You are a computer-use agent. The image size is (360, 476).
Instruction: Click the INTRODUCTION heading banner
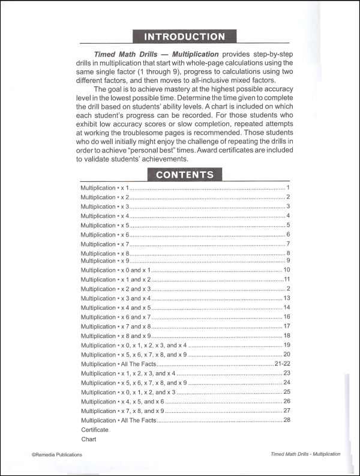[184, 36]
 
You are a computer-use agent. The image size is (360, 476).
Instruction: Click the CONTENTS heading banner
[184, 175]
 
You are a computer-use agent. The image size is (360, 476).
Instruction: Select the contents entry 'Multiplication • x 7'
[105, 244]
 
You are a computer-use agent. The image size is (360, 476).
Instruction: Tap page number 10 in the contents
[287, 270]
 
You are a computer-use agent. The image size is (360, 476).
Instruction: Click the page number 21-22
[281, 364]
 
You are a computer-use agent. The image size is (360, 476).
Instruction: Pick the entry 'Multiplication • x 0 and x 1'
[115, 270]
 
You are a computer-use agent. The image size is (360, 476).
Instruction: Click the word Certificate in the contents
[95, 430]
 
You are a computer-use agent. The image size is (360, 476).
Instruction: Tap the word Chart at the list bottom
[88, 439]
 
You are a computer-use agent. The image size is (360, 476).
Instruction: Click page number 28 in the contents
[287, 420]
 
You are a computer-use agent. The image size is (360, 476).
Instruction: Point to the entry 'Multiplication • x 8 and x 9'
[115, 336]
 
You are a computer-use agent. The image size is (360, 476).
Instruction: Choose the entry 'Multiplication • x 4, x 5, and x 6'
[122, 401]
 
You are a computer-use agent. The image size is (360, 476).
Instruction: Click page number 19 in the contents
[287, 345]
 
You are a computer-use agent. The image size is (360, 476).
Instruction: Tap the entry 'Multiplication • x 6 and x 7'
[115, 317]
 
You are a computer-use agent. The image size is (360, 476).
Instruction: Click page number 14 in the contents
[287, 308]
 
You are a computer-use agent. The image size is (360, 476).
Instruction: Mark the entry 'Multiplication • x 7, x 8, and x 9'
[122, 411]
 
